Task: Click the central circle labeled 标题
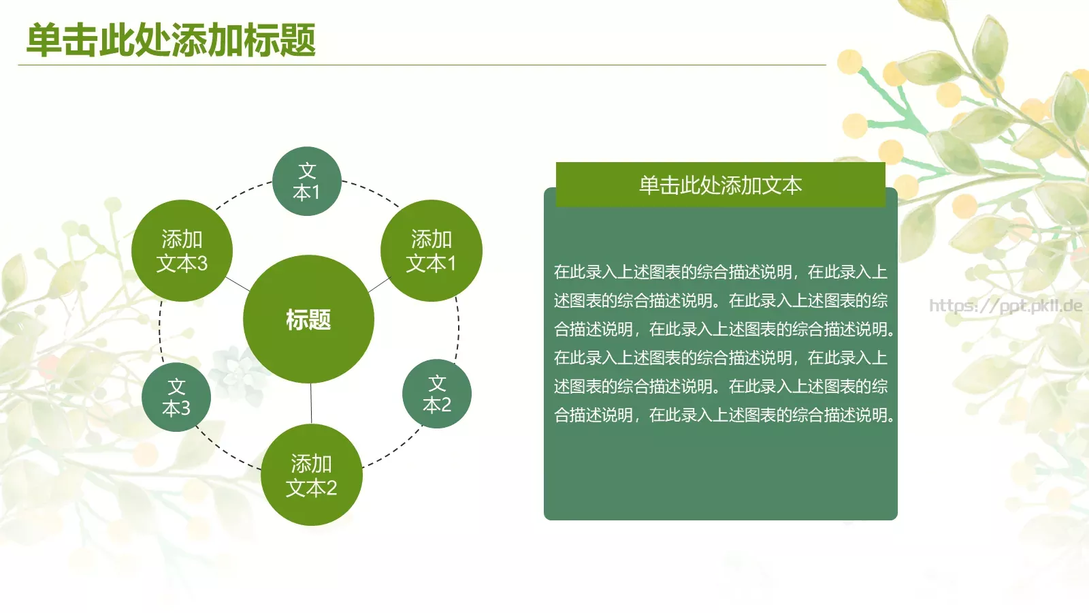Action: tap(308, 319)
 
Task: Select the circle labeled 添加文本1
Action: tap(431, 251)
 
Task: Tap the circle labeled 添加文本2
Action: tap(311, 475)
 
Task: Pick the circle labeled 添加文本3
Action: tap(182, 251)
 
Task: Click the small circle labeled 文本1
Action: tap(307, 181)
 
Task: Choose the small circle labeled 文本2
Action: tap(437, 394)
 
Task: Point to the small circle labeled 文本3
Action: tap(176, 397)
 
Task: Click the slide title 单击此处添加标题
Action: tap(171, 40)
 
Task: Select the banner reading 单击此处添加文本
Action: tap(720, 185)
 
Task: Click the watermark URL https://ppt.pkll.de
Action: tap(1005, 305)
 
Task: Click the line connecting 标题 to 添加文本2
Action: tap(311, 403)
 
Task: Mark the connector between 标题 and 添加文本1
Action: tap(378, 285)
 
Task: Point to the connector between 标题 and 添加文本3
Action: tap(238, 283)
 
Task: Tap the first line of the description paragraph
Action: tap(720, 272)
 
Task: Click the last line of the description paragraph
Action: tap(724, 415)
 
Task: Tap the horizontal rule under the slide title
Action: tap(422, 65)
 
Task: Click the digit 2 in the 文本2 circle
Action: tap(445, 405)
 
